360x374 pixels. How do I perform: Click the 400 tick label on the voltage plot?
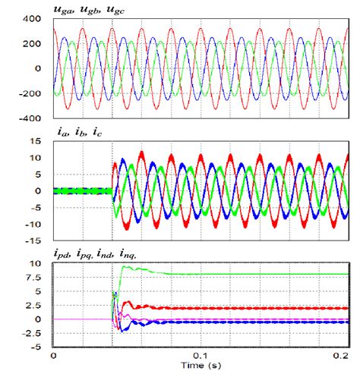tap(32, 17)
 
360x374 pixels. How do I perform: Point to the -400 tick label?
tap(30, 119)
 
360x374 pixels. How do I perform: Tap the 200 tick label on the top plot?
tap(32, 43)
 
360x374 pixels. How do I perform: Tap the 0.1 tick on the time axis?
tap(199, 356)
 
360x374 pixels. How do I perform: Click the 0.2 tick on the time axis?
tap(343, 356)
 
